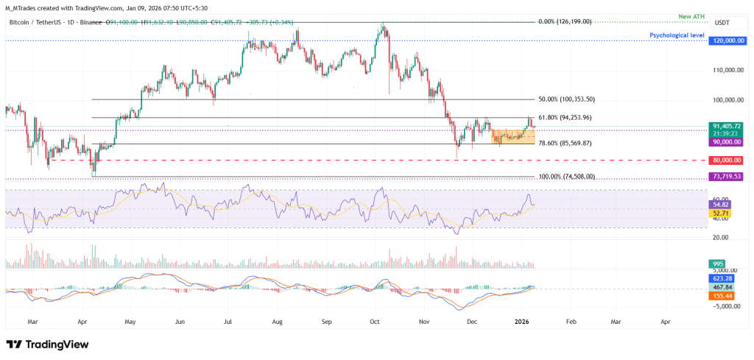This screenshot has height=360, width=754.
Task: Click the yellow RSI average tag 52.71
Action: [x=719, y=212]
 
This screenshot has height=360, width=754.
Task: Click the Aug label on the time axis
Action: [x=277, y=322]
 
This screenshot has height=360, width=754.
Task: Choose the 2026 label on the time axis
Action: [x=521, y=322]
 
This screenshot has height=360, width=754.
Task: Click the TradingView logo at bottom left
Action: [x=47, y=345]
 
